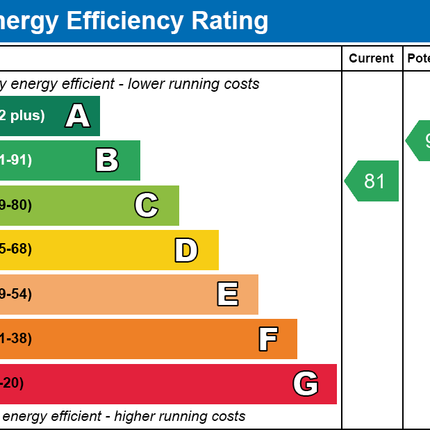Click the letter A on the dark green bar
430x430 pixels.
pyautogui.click(x=78, y=116)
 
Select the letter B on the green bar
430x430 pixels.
pyautogui.click(x=107, y=160)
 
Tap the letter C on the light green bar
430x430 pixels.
pyautogui.click(x=147, y=206)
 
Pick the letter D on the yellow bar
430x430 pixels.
pyautogui.click(x=186, y=250)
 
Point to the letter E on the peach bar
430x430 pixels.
pyautogui.click(x=228, y=295)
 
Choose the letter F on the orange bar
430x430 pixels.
pyautogui.click(x=268, y=339)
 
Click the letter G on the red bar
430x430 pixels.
pyautogui.click(x=306, y=383)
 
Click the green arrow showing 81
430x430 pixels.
pyautogui.click(x=372, y=181)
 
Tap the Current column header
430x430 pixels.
pyautogui.click(x=372, y=58)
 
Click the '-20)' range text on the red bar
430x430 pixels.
pyautogui.click(x=12, y=383)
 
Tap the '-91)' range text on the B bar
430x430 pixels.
pyautogui.click(x=16, y=160)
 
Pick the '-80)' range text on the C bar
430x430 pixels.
pyautogui.click(x=16, y=206)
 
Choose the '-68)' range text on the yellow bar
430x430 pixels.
pyautogui.click(x=16, y=250)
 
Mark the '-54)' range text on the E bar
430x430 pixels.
pyautogui.click(x=16, y=295)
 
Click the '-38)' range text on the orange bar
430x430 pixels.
pyautogui.click(x=16, y=339)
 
